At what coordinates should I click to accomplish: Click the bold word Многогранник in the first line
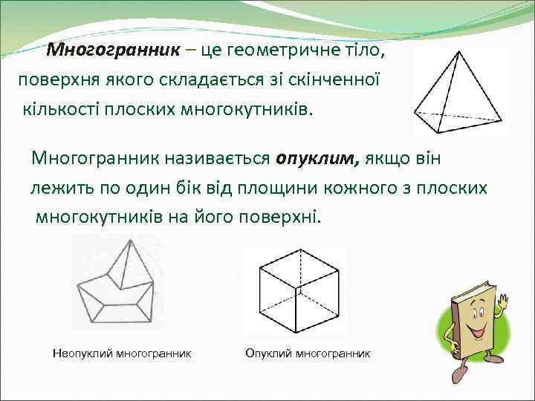pyautogui.click(x=113, y=50)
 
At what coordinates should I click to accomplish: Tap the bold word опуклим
pyautogui.click(x=317, y=158)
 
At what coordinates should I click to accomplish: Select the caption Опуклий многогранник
pyautogui.click(x=308, y=353)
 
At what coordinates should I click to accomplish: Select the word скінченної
pyautogui.click(x=343, y=79)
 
